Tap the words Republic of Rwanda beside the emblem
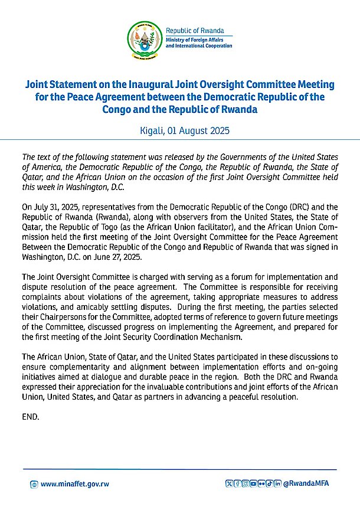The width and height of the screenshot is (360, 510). point(191,30)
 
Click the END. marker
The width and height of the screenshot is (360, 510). point(30,416)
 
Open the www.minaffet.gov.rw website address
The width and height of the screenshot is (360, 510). point(74,484)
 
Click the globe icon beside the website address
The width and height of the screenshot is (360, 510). point(34,484)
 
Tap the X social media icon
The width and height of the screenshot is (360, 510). point(230,484)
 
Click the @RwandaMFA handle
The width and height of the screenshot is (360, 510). point(306,484)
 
